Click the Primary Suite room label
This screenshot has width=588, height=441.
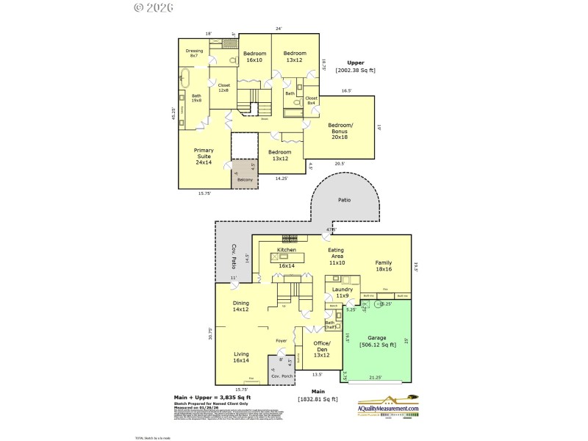(204, 156)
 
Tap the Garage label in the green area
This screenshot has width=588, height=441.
(378, 341)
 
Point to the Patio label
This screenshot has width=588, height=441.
(344, 200)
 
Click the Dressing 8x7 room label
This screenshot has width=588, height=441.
(194, 53)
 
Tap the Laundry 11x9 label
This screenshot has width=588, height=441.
(342, 293)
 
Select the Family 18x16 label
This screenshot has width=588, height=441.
(383, 266)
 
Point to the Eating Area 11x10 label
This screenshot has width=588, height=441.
(336, 257)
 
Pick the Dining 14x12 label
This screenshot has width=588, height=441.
(240, 306)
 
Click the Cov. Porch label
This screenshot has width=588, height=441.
(282, 376)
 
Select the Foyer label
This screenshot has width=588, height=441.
(281, 340)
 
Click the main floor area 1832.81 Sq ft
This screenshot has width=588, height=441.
(318, 398)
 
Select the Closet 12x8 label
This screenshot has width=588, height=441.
(224, 87)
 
